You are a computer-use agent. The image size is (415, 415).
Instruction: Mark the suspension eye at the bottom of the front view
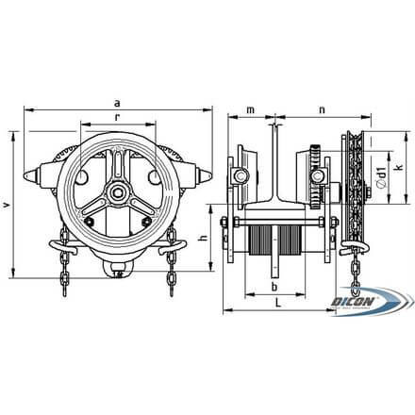[x=116, y=274]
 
